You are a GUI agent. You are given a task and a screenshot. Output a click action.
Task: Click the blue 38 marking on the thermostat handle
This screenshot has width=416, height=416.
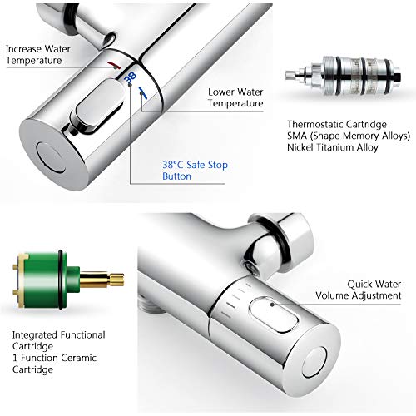tap(131, 77)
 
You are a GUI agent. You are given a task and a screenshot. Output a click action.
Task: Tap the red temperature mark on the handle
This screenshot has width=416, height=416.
tap(115, 65)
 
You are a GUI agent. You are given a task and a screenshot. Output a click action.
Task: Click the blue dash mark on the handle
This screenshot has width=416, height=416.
tap(143, 93)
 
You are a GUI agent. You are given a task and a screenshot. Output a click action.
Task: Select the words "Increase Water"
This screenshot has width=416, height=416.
tap(38, 49)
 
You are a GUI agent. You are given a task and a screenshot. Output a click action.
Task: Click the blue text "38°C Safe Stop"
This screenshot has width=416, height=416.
tap(196, 165)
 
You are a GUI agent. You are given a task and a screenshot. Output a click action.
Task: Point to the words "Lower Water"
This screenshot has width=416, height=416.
tap(235, 92)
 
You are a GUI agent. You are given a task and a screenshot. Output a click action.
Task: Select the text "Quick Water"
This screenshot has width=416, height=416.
tap(374, 284)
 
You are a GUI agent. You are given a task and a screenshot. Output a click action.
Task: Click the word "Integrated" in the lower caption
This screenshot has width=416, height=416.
tap(35, 335)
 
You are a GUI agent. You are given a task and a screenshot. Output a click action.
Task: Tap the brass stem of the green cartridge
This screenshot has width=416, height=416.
tap(102, 280)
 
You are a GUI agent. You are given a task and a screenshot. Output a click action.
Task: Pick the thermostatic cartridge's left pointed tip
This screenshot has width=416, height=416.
tap(286, 75)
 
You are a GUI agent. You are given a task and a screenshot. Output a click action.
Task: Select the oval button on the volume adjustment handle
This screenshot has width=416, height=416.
tap(275, 314)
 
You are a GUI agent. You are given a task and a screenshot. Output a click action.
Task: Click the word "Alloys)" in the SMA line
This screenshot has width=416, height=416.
tap(396, 136)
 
